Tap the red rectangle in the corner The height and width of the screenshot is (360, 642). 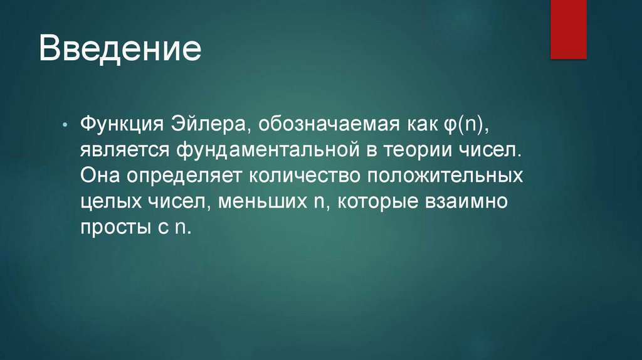pos(568,29)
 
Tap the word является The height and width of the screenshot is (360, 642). pos(123,150)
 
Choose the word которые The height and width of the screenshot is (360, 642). pos(377,201)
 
